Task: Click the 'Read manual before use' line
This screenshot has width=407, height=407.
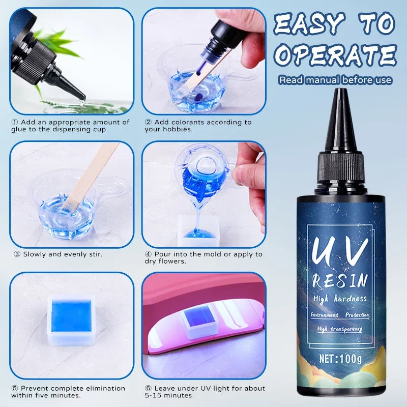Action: (x=335, y=80)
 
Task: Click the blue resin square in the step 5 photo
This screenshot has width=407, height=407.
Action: (x=70, y=314)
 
